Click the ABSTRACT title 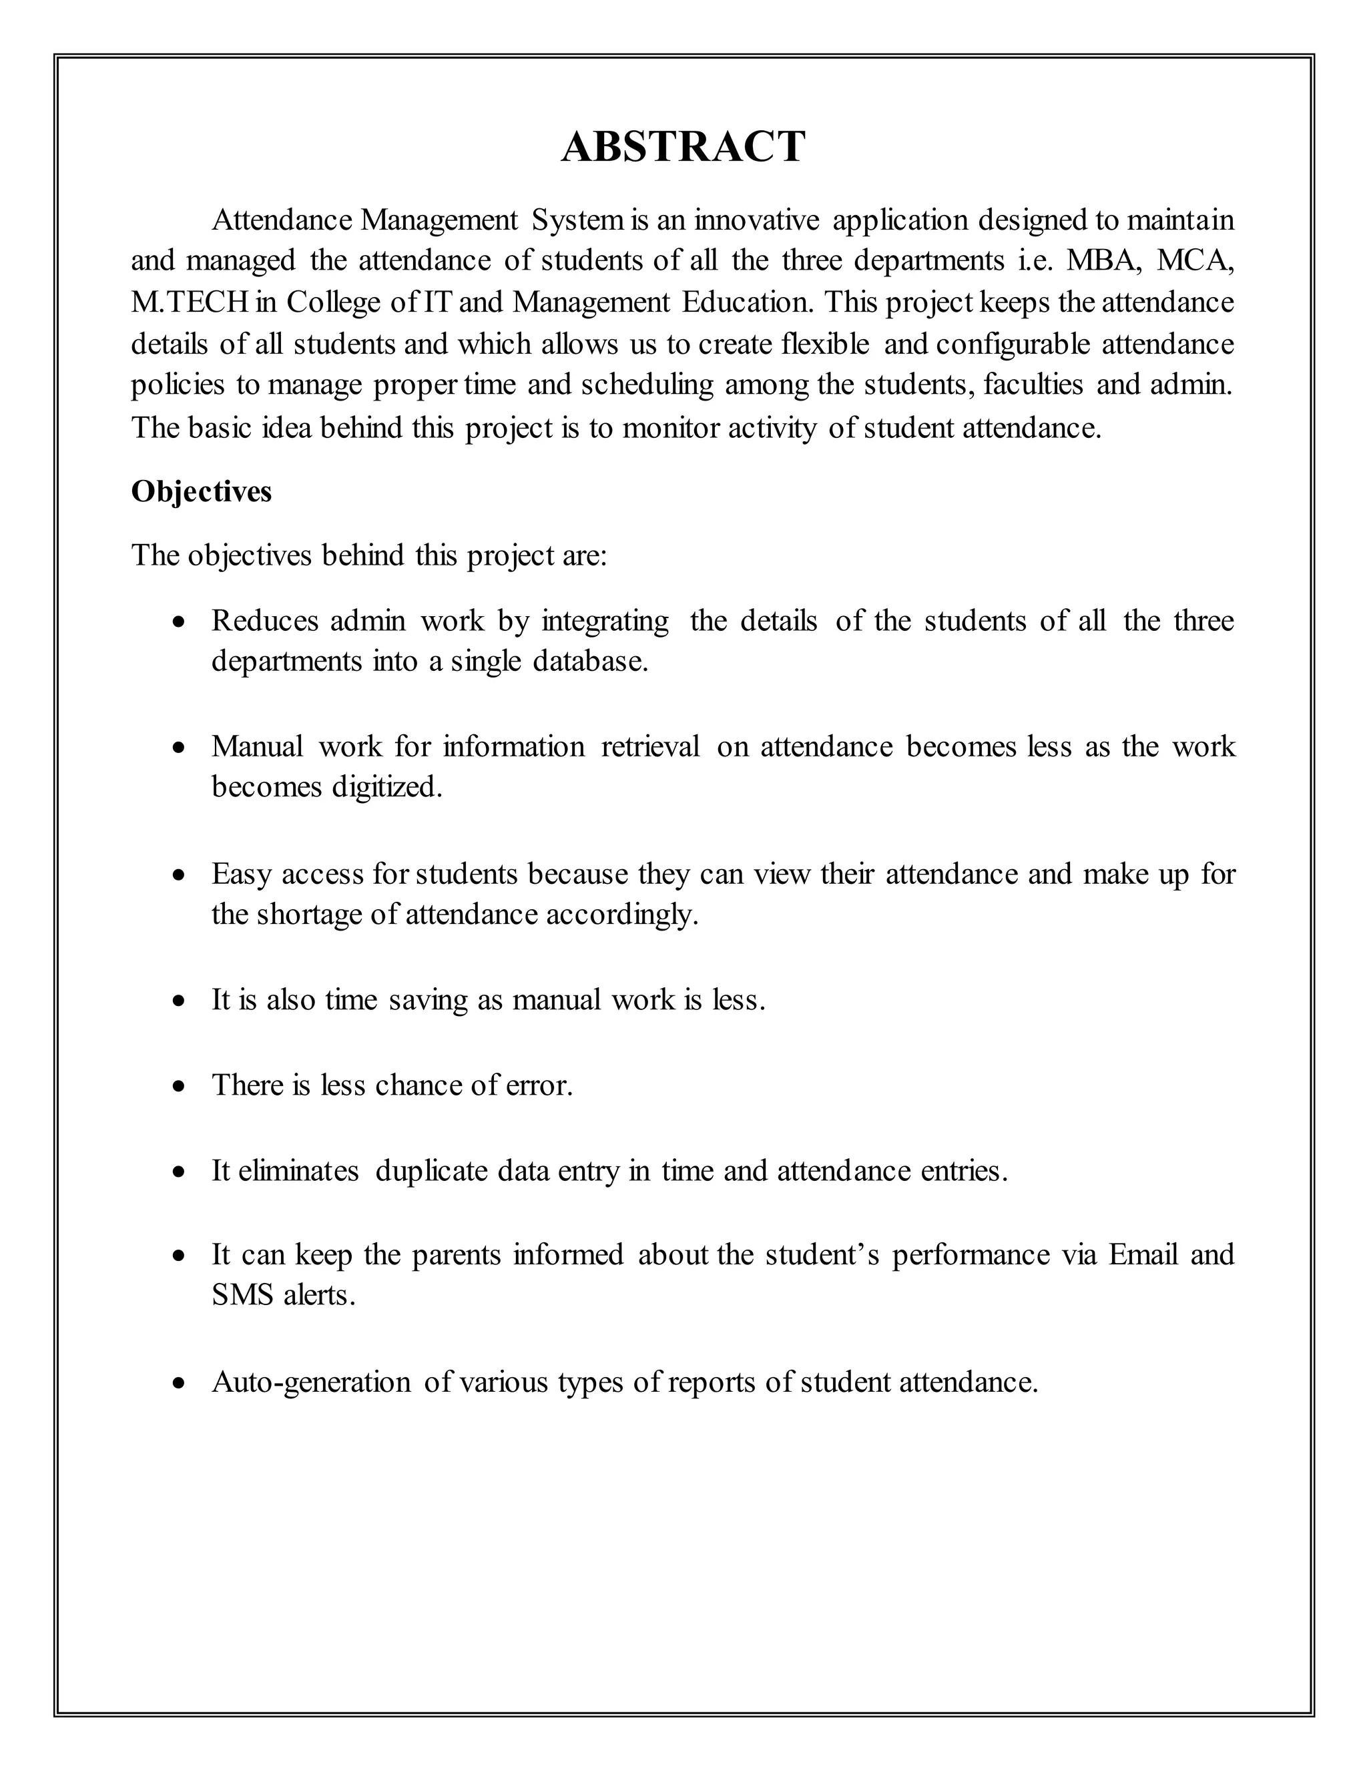point(683,148)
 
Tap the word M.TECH point(189,302)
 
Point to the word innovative point(756,220)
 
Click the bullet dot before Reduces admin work point(180,622)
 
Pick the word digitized point(386,786)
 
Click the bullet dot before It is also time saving point(180,1001)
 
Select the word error point(539,1085)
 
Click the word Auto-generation point(311,1382)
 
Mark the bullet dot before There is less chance point(180,1086)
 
